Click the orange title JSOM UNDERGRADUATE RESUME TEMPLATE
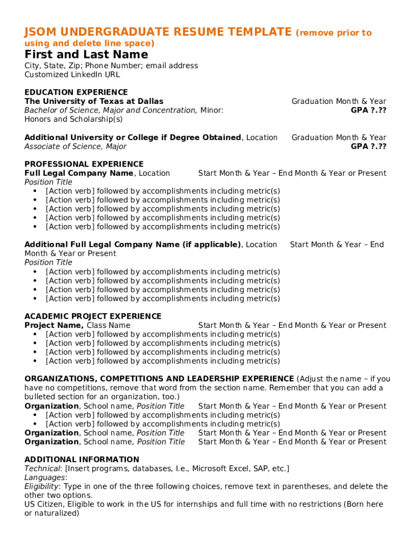[x=158, y=32]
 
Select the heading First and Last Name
[x=86, y=55]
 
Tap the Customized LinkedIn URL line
[x=72, y=75]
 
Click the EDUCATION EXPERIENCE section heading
[x=76, y=92]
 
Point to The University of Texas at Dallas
[x=93, y=101]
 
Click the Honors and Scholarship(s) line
[x=73, y=119]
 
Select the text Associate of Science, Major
[x=75, y=146]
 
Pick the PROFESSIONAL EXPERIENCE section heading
[x=84, y=164]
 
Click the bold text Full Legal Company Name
[x=79, y=173]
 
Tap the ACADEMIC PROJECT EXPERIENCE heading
[x=93, y=316]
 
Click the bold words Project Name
[x=53, y=325]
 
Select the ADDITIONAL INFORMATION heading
[x=82, y=459]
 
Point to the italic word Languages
[x=44, y=477]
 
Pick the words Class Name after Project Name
[x=109, y=325]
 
